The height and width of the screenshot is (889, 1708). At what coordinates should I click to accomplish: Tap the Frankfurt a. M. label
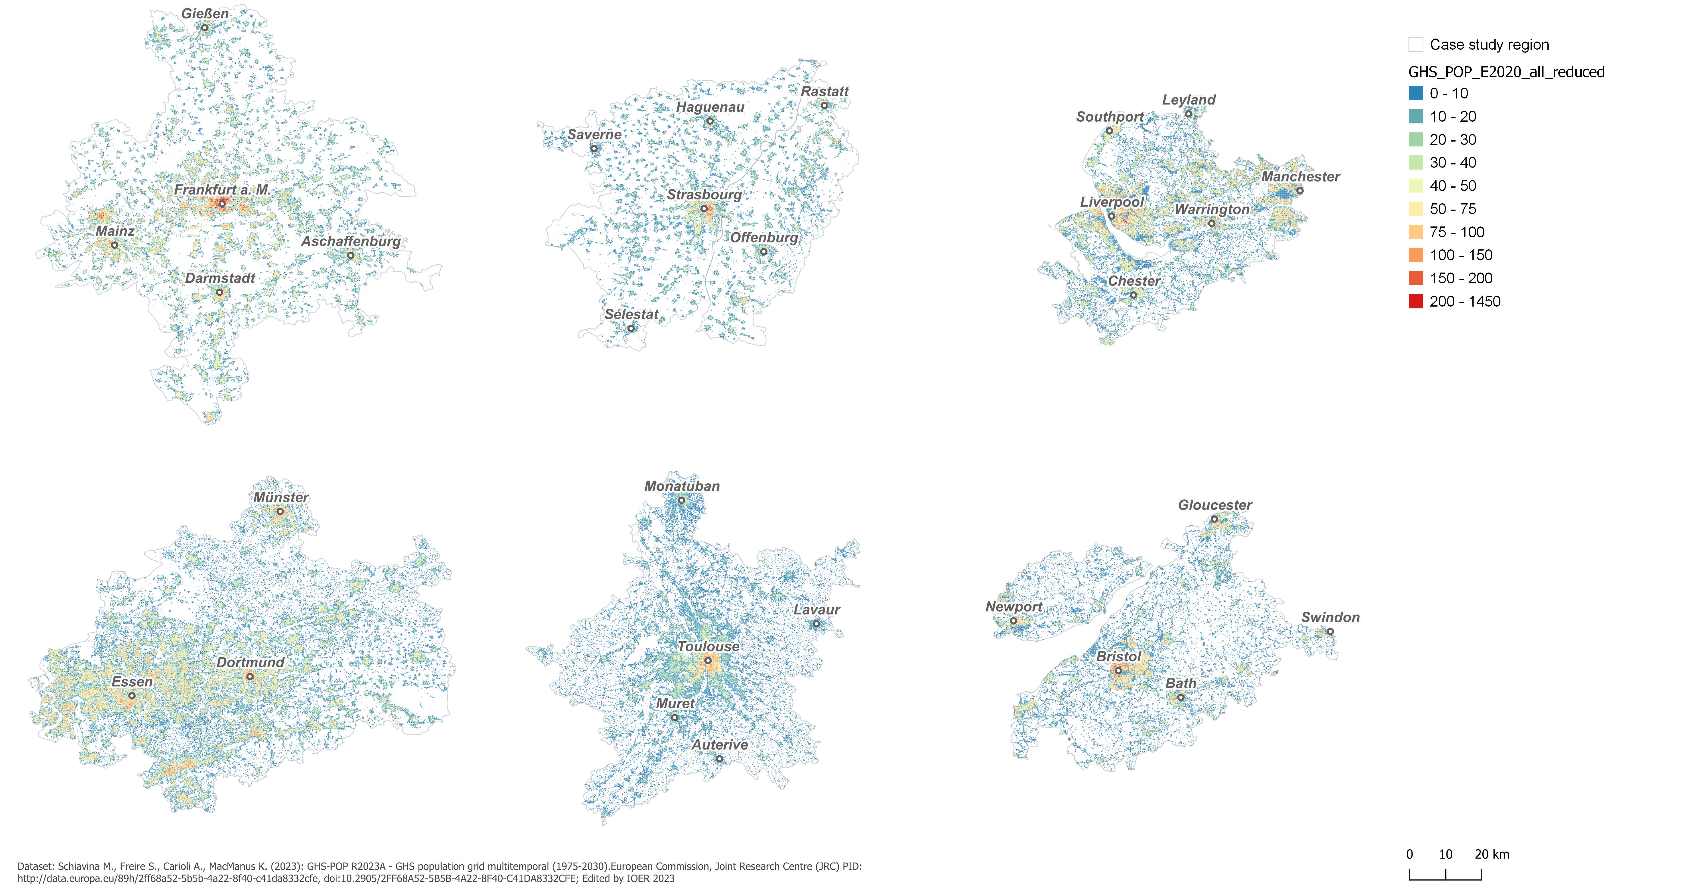[222, 190]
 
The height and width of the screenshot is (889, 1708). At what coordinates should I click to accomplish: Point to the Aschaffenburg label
[351, 241]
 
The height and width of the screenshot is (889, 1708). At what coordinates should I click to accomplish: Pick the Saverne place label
[594, 135]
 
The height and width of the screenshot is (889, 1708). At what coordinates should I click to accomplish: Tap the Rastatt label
[825, 92]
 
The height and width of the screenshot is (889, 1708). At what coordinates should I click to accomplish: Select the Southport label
[1109, 117]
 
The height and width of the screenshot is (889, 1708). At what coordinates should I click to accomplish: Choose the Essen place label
[132, 682]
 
